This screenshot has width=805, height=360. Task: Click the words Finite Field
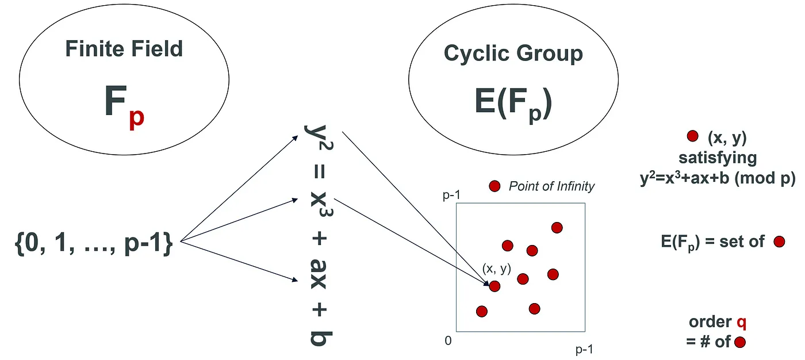pyautogui.click(x=124, y=48)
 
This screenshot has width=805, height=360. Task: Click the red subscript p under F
pyautogui.click(x=137, y=118)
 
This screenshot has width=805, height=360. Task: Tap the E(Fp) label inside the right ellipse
pyautogui.click(x=513, y=104)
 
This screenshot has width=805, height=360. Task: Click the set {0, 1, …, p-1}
pyautogui.click(x=94, y=243)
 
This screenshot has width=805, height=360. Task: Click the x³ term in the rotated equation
pyautogui.click(x=319, y=205)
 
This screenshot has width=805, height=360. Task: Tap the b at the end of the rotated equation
pyautogui.click(x=319, y=339)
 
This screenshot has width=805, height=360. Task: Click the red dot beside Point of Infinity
pyautogui.click(x=494, y=186)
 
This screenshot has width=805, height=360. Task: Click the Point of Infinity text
pyautogui.click(x=551, y=186)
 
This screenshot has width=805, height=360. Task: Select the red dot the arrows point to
pyautogui.click(x=494, y=286)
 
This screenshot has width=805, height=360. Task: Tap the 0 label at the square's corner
pyautogui.click(x=448, y=340)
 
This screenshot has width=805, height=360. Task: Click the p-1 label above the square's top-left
pyautogui.click(x=451, y=195)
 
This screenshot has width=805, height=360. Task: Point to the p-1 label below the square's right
pyautogui.click(x=584, y=349)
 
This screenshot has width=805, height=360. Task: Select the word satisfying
pyautogui.click(x=718, y=158)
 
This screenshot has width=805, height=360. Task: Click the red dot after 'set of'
pyautogui.click(x=779, y=242)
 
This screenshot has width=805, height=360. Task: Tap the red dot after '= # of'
pyautogui.click(x=739, y=342)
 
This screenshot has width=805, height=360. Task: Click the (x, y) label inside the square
pyautogui.click(x=496, y=269)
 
